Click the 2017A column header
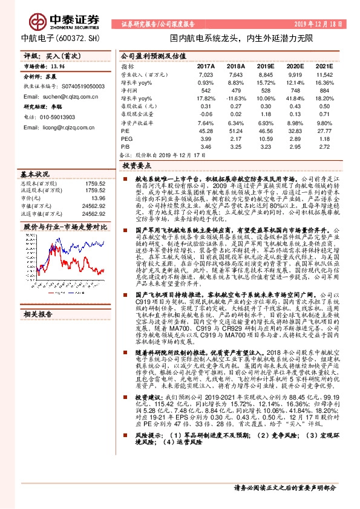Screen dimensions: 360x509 pyautogui.click(x=206, y=66)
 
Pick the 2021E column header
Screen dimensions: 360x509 pyautogui.click(x=324, y=66)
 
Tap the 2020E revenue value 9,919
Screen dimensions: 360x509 pyautogui.click(x=295, y=74)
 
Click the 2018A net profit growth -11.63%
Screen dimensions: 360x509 pyautogui.click(x=235, y=98)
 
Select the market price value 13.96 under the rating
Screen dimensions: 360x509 pyautogui.click(x=57, y=68)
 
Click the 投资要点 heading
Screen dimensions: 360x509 pyautogui.click(x=136, y=164)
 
